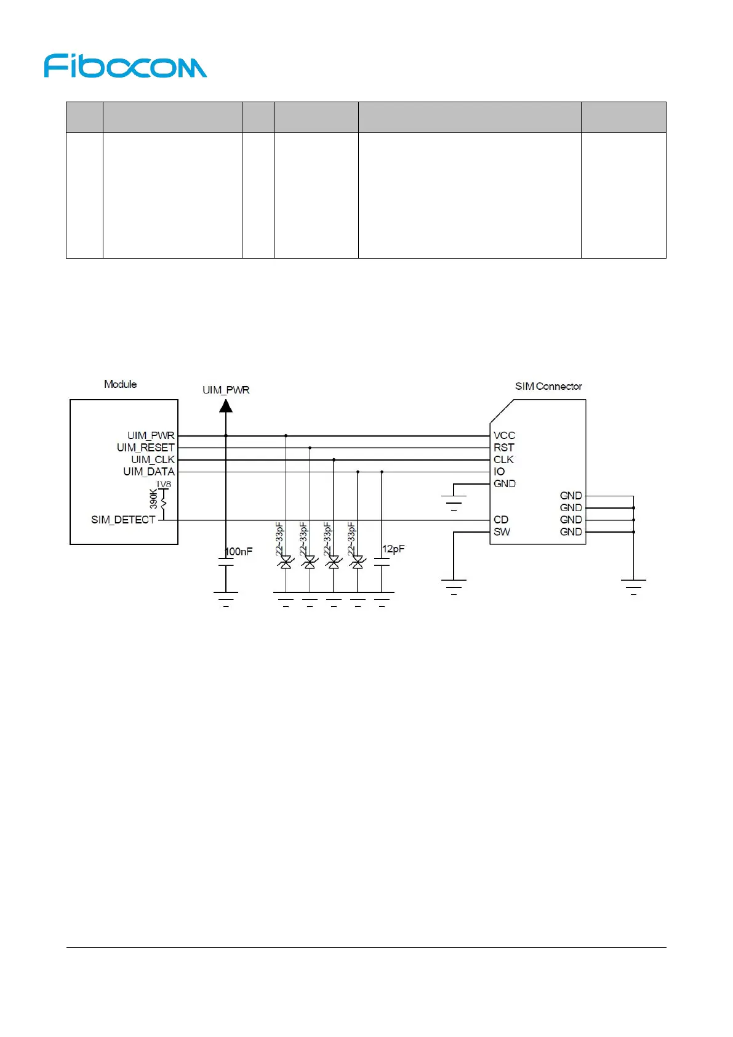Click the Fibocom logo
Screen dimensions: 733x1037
click(125, 66)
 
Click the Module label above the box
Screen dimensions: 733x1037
click(120, 384)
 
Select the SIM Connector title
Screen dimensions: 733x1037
click(548, 386)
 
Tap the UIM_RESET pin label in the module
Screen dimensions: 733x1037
click(146, 448)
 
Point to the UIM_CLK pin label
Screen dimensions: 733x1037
click(153, 459)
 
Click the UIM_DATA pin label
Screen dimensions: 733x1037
click(149, 472)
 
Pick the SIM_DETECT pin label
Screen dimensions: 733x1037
click(123, 520)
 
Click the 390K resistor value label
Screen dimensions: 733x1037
click(153, 499)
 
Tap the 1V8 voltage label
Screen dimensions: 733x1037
click(164, 485)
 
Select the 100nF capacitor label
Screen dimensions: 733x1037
click(239, 551)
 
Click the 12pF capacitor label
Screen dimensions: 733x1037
click(393, 549)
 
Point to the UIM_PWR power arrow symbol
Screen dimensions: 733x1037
click(226, 406)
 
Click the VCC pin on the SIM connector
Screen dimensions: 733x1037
click(504, 435)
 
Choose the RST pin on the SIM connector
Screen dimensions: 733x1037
click(503, 448)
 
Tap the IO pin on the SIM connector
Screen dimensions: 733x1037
click(499, 472)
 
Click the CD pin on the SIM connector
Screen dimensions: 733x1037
click(501, 520)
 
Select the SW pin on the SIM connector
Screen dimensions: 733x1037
click(502, 531)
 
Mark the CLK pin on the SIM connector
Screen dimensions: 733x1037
click(503, 459)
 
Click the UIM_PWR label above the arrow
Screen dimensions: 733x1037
click(226, 390)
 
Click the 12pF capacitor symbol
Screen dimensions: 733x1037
click(382, 562)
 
